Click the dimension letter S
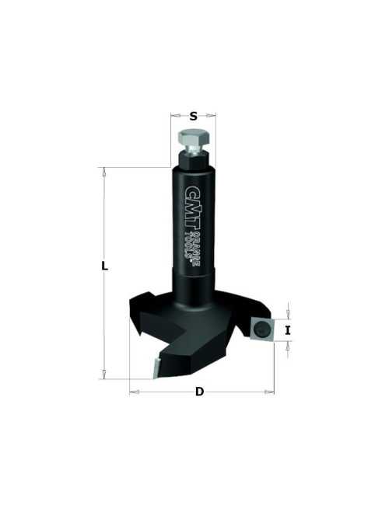click(193, 116)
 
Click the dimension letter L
click(104, 266)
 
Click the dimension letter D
click(200, 392)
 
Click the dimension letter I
click(288, 330)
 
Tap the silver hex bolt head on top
click(193, 138)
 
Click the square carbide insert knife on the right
click(261, 328)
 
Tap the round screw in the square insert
click(261, 329)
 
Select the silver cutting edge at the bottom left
click(157, 367)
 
